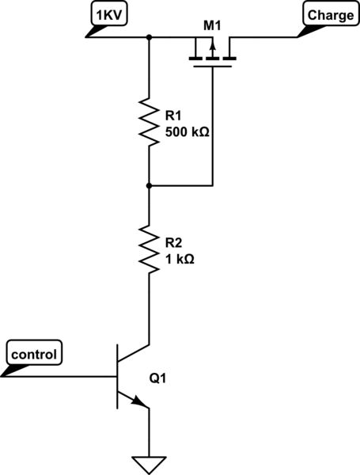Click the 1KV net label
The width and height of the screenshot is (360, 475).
(108, 15)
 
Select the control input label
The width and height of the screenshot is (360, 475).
(32, 355)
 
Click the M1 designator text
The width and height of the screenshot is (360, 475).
(211, 26)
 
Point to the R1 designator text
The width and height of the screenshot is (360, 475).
(172, 116)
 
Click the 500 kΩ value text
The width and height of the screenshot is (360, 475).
(188, 132)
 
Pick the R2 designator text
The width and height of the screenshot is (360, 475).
(172, 243)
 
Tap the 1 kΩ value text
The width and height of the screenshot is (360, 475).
(181, 259)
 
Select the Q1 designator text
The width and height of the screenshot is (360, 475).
(158, 379)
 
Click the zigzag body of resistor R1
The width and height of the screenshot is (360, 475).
(149, 123)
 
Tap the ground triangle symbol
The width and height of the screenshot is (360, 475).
(149, 463)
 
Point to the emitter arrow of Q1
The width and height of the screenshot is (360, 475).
(141, 403)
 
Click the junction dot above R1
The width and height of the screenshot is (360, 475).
(149, 37)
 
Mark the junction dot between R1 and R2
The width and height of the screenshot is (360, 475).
(149, 185)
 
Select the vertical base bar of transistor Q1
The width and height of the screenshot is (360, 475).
(117, 376)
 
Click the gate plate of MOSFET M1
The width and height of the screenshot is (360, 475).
(211, 66)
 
